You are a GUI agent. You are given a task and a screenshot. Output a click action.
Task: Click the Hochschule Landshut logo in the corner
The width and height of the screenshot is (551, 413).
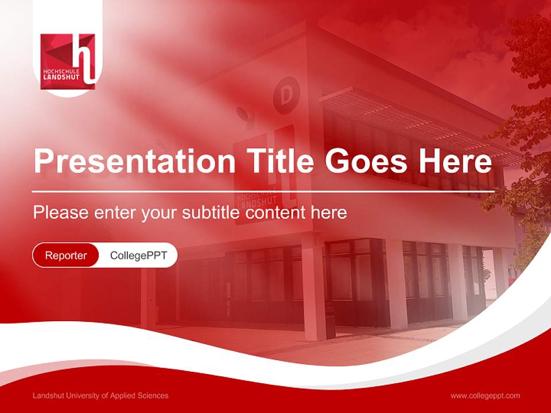[68, 60]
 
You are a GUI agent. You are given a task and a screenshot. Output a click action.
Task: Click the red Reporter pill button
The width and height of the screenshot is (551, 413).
[65, 255]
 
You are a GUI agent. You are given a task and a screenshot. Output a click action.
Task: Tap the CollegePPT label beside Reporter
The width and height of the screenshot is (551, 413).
[138, 255]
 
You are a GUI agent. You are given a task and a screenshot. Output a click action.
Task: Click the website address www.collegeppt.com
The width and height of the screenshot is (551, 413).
[485, 395]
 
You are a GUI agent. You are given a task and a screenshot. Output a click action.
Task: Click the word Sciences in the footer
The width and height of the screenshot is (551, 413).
[153, 395]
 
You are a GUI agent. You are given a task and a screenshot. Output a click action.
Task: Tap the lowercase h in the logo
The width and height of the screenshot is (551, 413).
[86, 57]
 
